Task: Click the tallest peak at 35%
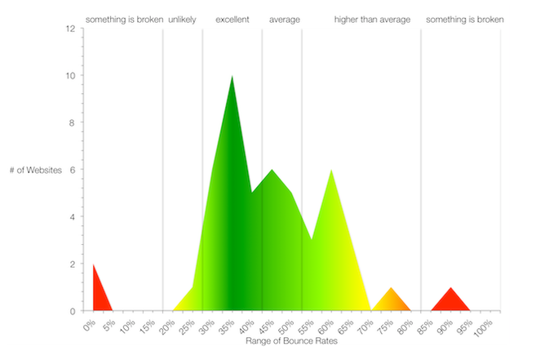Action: (x=232, y=79)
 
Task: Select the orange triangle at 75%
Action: (x=392, y=301)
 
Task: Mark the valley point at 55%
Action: (x=311, y=240)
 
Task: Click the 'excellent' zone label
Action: (x=232, y=19)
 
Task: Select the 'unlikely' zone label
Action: (x=182, y=19)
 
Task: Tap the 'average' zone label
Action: (x=285, y=19)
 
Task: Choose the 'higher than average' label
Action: (x=372, y=19)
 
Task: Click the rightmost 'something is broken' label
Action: (x=465, y=19)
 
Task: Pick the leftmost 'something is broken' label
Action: (x=125, y=19)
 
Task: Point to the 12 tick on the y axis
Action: (x=73, y=29)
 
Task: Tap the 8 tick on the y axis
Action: (x=73, y=123)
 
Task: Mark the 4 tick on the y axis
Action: (x=73, y=217)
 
